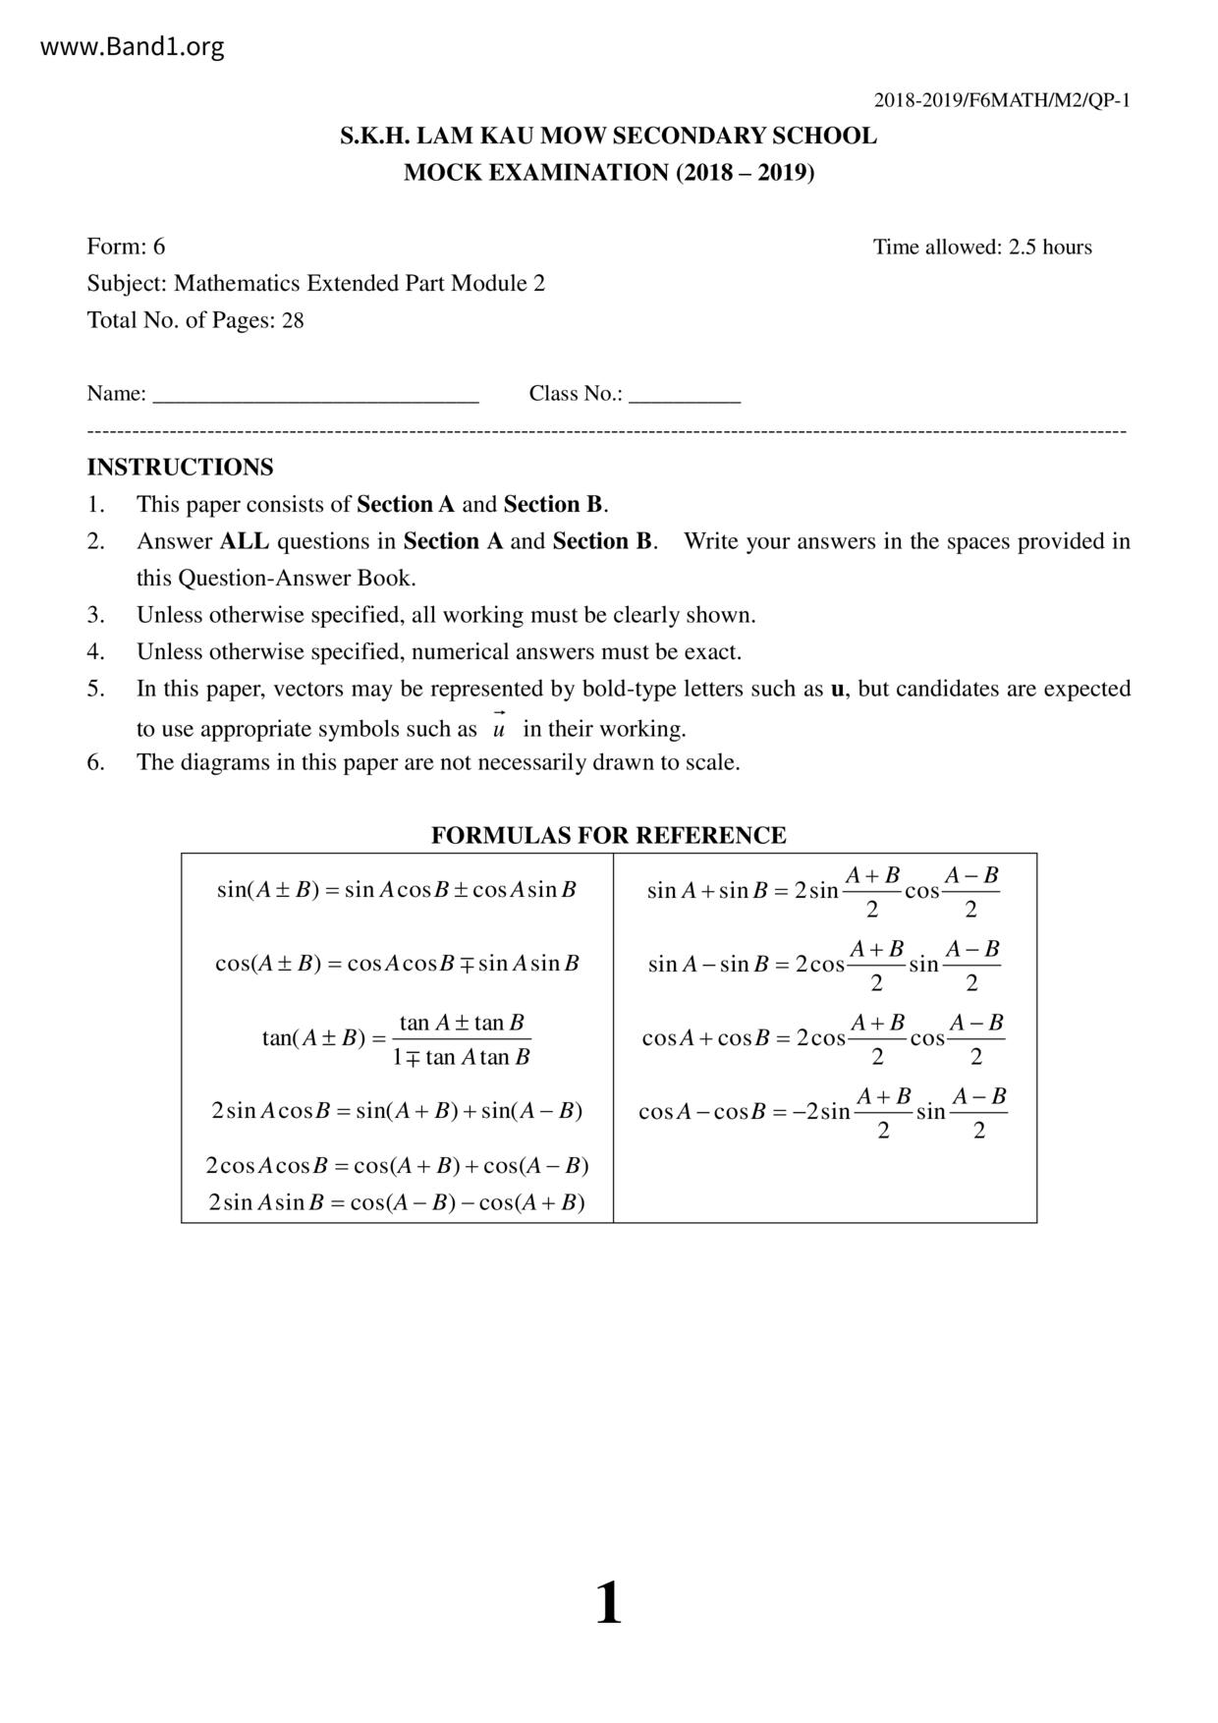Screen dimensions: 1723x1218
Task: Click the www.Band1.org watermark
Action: pyautogui.click(x=133, y=47)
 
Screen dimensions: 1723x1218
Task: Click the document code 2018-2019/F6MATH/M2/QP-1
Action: pyautogui.click(x=1002, y=100)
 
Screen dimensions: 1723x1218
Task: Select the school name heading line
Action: pyautogui.click(x=608, y=136)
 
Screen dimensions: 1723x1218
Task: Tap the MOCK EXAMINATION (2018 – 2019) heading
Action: pyautogui.click(x=608, y=173)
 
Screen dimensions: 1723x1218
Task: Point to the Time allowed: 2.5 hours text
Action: pyautogui.click(x=982, y=248)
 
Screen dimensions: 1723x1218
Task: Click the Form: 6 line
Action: pyautogui.click(x=126, y=247)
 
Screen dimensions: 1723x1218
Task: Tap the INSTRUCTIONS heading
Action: pyautogui.click(x=180, y=468)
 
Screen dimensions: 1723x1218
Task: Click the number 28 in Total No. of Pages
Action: pyautogui.click(x=293, y=321)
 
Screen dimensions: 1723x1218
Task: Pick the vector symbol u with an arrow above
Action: pyautogui.click(x=499, y=727)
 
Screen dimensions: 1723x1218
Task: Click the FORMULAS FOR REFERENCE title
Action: pyautogui.click(x=608, y=836)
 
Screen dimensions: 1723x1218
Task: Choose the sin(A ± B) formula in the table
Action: pyautogui.click(x=396, y=890)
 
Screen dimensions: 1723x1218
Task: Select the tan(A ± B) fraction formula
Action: pyautogui.click(x=396, y=1039)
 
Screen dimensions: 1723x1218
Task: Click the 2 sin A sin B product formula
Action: pyautogui.click(x=396, y=1202)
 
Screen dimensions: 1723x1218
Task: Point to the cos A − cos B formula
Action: pyautogui.click(x=822, y=1112)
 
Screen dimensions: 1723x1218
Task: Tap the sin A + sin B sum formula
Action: pyautogui.click(x=822, y=891)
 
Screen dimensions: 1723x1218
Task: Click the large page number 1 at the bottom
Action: pyautogui.click(x=608, y=1603)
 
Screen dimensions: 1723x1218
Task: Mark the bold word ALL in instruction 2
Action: pyautogui.click(x=244, y=541)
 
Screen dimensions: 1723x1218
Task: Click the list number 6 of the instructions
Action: pyautogui.click(x=95, y=762)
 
